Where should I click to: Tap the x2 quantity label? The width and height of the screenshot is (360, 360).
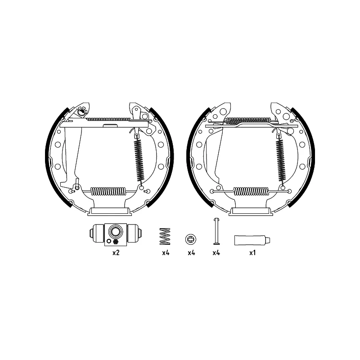(116, 253)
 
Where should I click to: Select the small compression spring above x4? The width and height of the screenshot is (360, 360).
(165, 237)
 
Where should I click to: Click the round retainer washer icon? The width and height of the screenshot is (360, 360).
(190, 239)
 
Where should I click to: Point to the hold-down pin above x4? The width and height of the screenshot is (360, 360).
(216, 231)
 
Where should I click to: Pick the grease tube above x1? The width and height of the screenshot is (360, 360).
(252, 240)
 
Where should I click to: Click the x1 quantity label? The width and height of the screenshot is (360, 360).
(252, 253)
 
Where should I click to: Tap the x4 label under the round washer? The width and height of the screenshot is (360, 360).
(191, 253)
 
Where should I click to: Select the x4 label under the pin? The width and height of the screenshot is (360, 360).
(216, 253)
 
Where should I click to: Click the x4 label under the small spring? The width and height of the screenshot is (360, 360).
(166, 253)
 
